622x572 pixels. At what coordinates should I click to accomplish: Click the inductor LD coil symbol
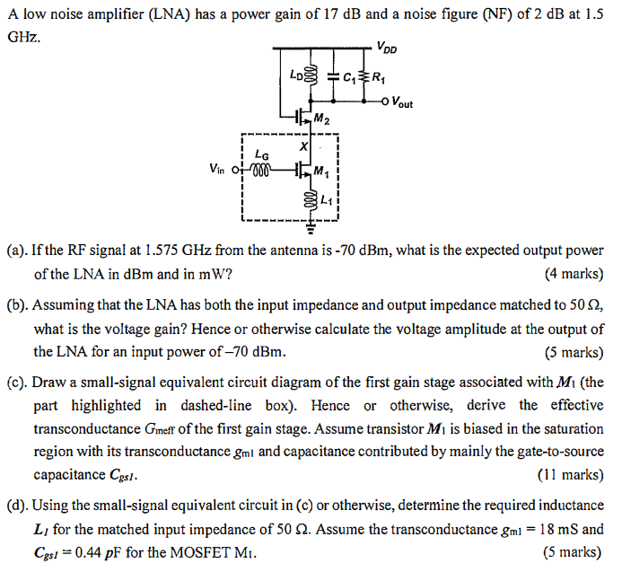(311, 75)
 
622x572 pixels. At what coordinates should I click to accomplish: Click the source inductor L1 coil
(311, 198)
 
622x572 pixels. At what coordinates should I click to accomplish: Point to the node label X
(303, 146)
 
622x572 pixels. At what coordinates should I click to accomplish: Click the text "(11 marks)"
(571, 474)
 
